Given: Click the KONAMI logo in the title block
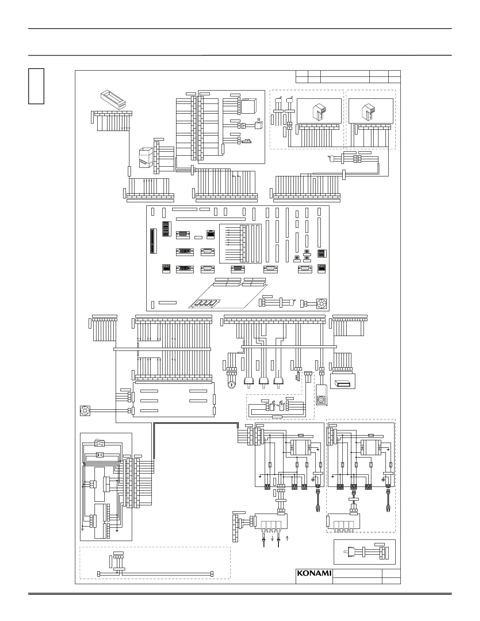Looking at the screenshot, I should (314, 573).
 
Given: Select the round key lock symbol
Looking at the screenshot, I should (232, 383).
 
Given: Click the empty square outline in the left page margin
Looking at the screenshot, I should (36, 86).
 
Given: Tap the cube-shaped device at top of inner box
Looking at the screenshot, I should (249, 106).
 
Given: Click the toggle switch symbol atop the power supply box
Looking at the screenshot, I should (100, 444).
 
